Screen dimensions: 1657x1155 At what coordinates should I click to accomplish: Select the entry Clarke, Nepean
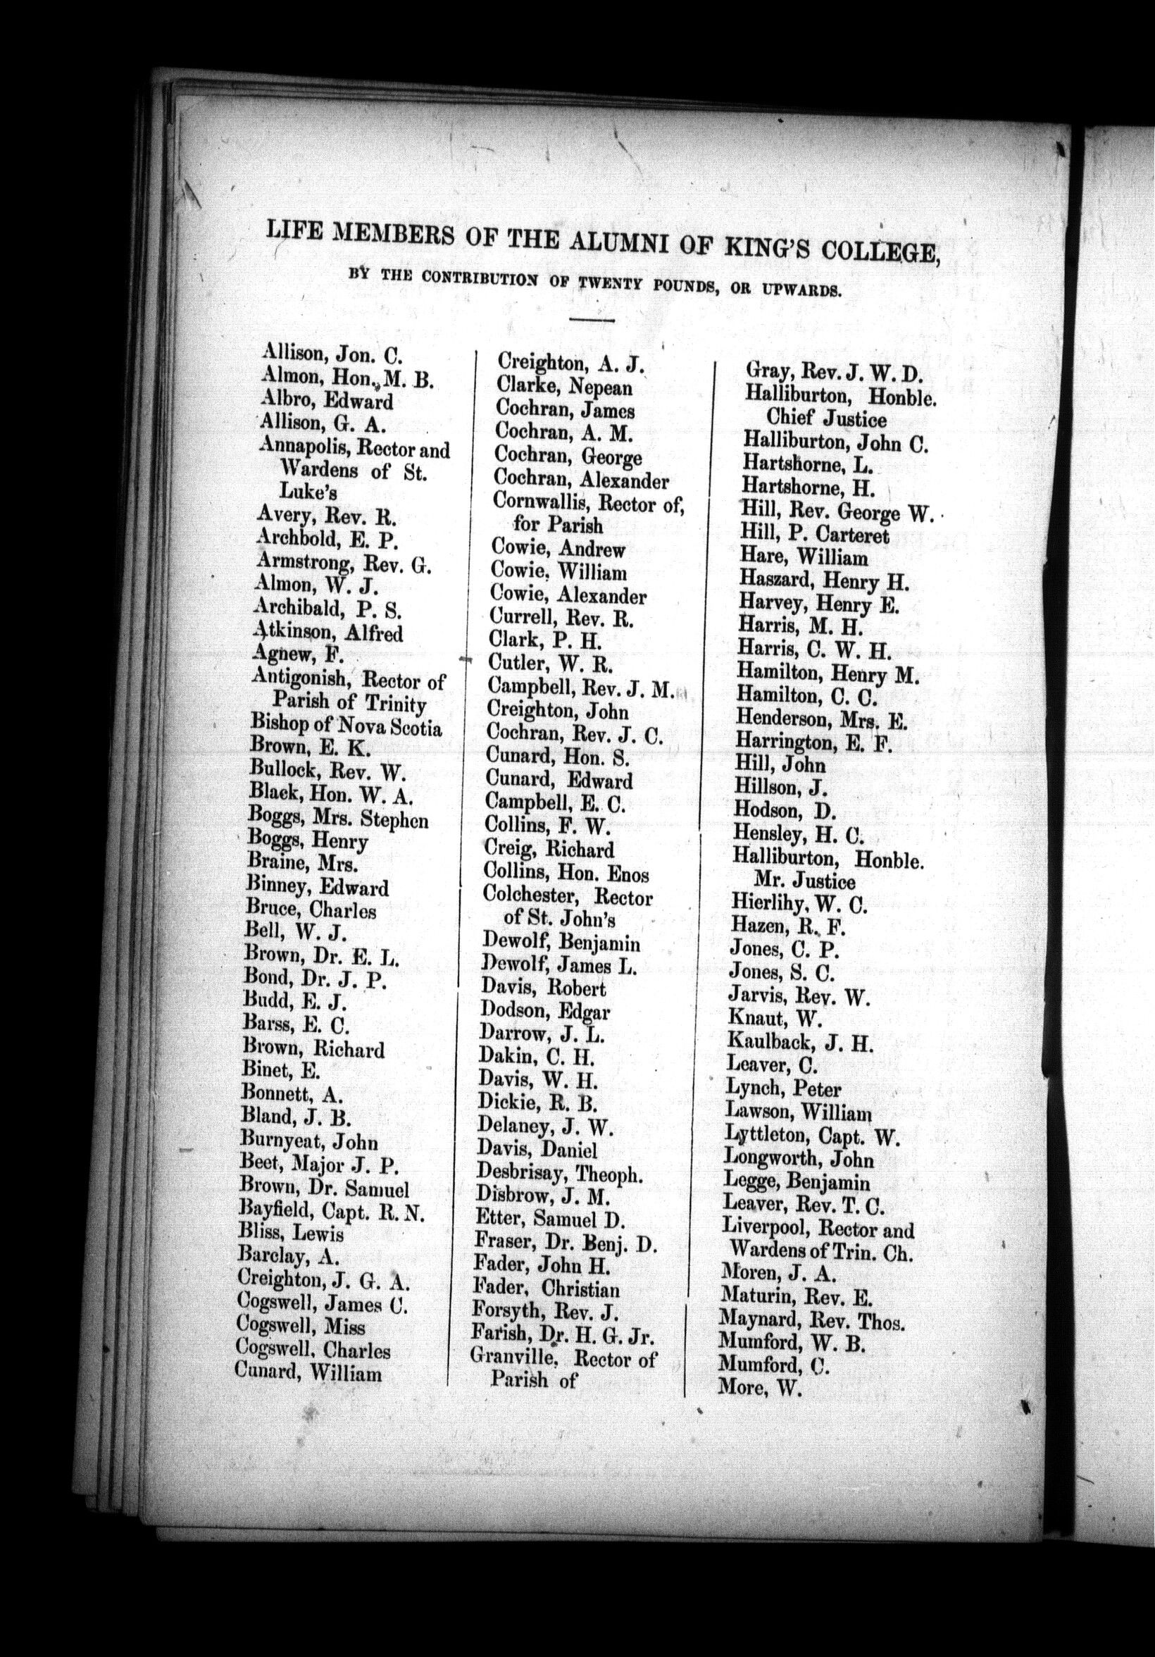click(x=564, y=387)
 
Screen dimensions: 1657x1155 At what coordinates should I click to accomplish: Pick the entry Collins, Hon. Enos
click(x=566, y=875)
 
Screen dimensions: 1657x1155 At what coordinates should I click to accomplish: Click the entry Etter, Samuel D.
click(x=544, y=1219)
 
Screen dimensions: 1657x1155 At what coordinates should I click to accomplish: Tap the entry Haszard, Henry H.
click(x=823, y=581)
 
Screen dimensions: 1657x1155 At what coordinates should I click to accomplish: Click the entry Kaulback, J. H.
click(x=800, y=1043)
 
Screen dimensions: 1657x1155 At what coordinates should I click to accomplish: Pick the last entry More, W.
click(x=760, y=1387)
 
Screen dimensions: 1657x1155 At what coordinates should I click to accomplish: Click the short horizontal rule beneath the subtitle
click(x=592, y=320)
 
